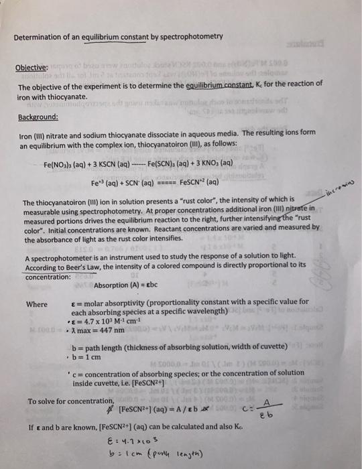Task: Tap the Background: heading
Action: pyautogui.click(x=39, y=117)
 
